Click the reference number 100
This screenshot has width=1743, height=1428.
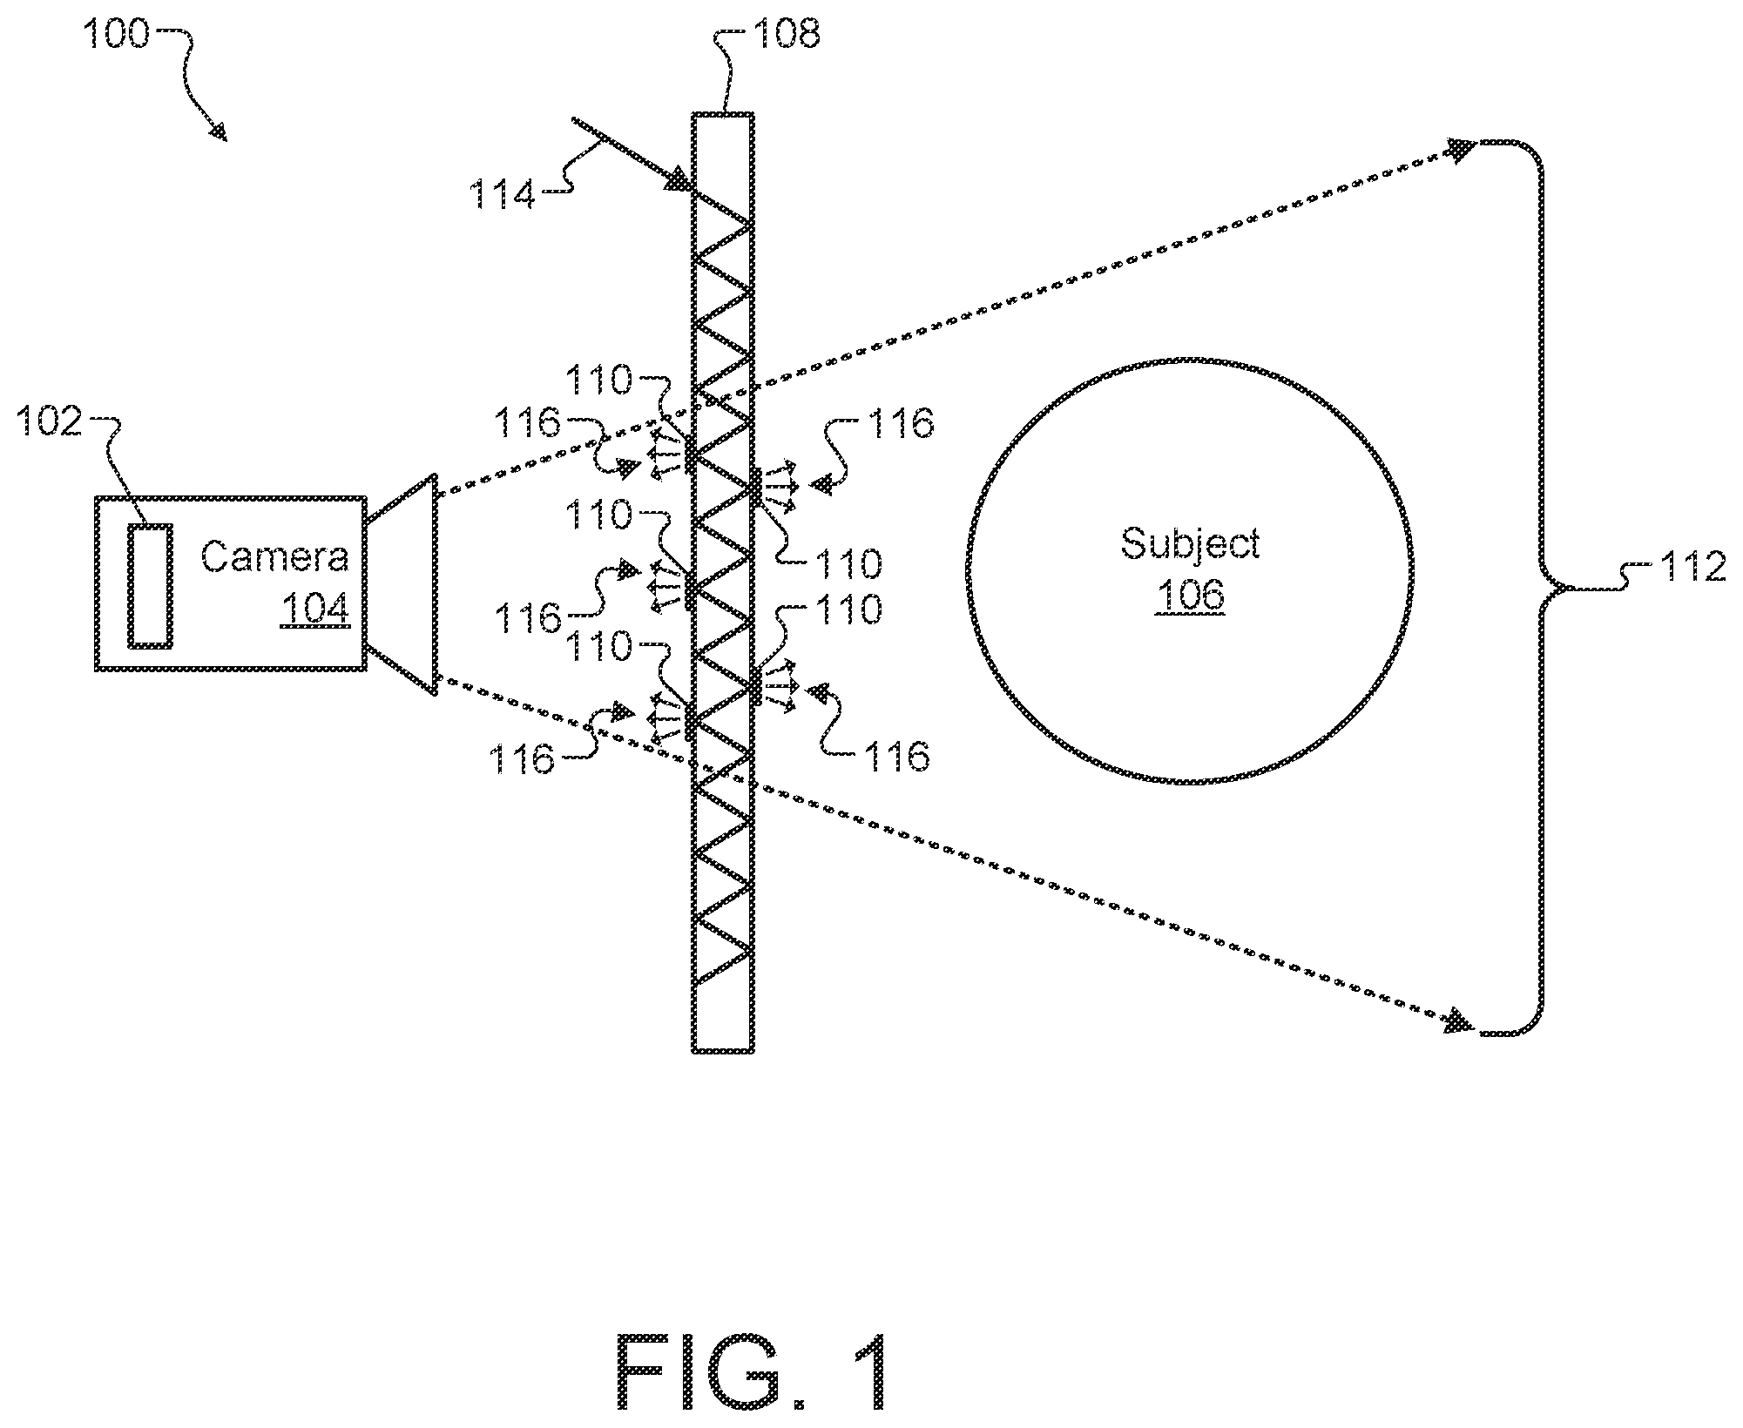coord(117,36)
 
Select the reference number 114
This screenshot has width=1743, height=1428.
coord(503,194)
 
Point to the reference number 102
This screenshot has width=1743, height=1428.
coord(50,422)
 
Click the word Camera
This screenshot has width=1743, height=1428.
coord(274,556)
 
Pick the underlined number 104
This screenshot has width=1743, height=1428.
coord(315,608)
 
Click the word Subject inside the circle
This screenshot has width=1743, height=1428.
coord(1190,545)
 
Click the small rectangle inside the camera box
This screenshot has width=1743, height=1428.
coord(150,585)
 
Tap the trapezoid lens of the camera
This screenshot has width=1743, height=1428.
coord(401,583)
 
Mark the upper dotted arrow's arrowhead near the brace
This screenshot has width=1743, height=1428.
coord(1461,149)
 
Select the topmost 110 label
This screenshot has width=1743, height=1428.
coord(598,380)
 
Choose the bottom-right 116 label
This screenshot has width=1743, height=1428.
coord(896,757)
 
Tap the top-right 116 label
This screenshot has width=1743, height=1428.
coord(901,424)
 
